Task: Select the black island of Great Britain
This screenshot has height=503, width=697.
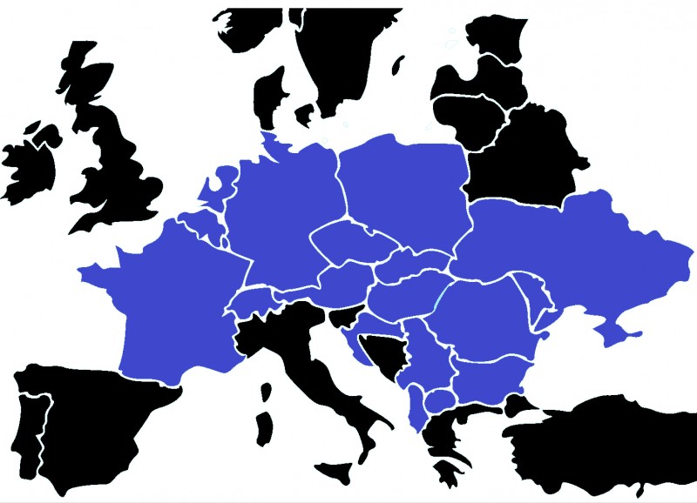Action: click(x=118, y=165)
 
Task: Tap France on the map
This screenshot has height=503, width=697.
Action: click(x=166, y=305)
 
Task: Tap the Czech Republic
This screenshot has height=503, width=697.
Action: click(x=348, y=239)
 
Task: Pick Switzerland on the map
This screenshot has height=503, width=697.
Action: click(x=253, y=300)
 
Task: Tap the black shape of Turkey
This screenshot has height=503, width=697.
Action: click(x=610, y=444)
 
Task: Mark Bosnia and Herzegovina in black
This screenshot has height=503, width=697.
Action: click(x=383, y=352)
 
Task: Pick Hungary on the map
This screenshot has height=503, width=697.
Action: click(x=405, y=292)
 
